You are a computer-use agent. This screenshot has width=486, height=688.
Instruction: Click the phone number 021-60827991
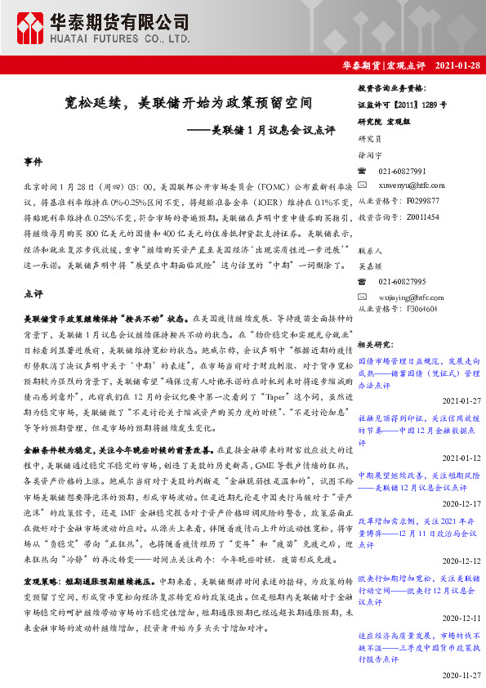click(402, 171)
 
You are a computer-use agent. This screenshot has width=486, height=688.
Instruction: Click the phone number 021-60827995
click(402, 281)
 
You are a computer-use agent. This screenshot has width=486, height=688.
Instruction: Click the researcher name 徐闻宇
click(370, 154)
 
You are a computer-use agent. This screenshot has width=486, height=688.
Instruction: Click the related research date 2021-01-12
click(461, 458)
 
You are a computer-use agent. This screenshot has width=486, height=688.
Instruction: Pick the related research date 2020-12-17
click(461, 504)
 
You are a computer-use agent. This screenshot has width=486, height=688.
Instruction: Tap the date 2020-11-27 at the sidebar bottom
click(461, 677)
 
